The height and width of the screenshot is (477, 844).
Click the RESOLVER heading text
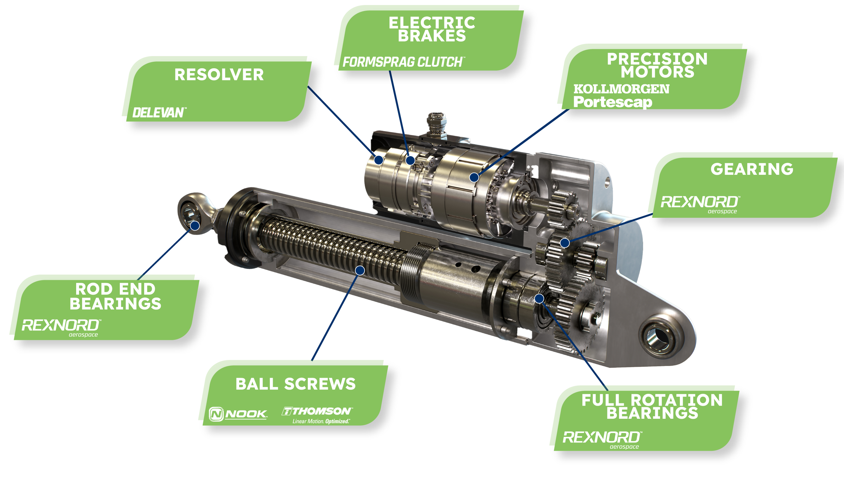pyautogui.click(x=219, y=75)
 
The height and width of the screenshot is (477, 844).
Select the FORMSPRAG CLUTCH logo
pyautogui.click(x=404, y=62)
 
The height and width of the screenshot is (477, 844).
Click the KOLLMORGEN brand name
pyautogui.click(x=621, y=89)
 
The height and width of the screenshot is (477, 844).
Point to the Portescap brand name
pyautogui.click(x=613, y=102)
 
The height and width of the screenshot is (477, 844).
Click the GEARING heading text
pyautogui.click(x=752, y=169)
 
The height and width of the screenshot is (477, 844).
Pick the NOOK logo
pyautogui.click(x=238, y=414)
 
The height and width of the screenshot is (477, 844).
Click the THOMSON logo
pyautogui.click(x=317, y=415)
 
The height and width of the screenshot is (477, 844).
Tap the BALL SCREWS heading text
pyautogui.click(x=295, y=384)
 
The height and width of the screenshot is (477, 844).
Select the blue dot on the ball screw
pyautogui.click(x=360, y=270)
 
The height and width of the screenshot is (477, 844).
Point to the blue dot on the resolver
pyautogui.click(x=379, y=160)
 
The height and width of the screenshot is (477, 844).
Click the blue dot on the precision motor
pyautogui.click(x=474, y=177)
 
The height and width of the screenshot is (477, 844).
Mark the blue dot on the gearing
pyautogui.click(x=565, y=243)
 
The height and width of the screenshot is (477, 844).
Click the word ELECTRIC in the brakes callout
pyautogui.click(x=432, y=23)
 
